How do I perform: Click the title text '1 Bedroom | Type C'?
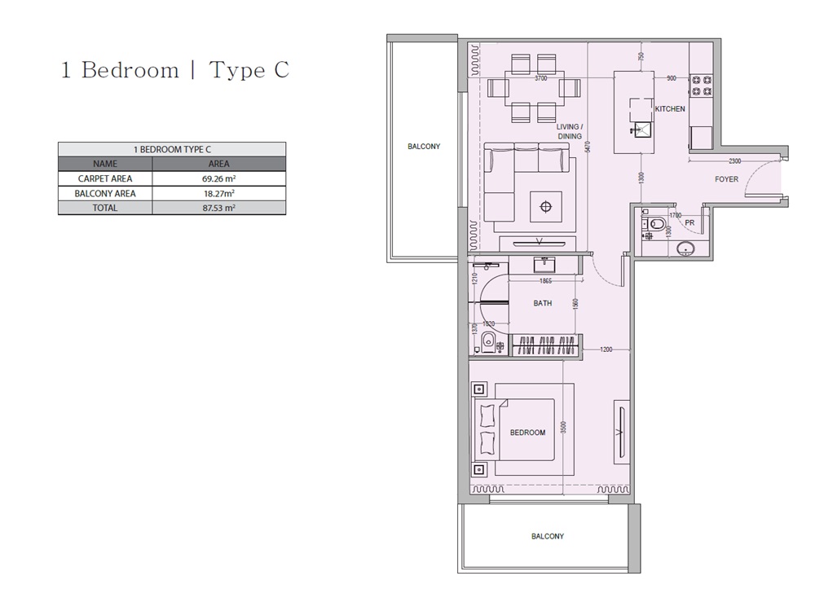click(174, 70)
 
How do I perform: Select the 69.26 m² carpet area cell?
click(218, 178)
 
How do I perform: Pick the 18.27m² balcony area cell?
click(218, 193)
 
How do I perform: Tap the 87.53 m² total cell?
click(218, 208)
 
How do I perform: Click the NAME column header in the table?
click(105, 164)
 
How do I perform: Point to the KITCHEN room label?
click(670, 108)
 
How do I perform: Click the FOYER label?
click(726, 179)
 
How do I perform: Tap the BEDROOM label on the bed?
click(527, 433)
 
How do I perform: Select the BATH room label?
click(542, 303)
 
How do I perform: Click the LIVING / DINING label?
click(569, 131)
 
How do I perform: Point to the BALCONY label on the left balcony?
click(424, 147)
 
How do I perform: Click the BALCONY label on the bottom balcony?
click(547, 536)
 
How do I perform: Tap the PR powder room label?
click(689, 222)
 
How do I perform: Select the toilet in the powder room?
click(656, 223)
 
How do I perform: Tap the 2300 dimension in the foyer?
click(734, 161)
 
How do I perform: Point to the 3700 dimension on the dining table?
click(540, 79)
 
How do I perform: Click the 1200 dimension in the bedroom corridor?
click(605, 349)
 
